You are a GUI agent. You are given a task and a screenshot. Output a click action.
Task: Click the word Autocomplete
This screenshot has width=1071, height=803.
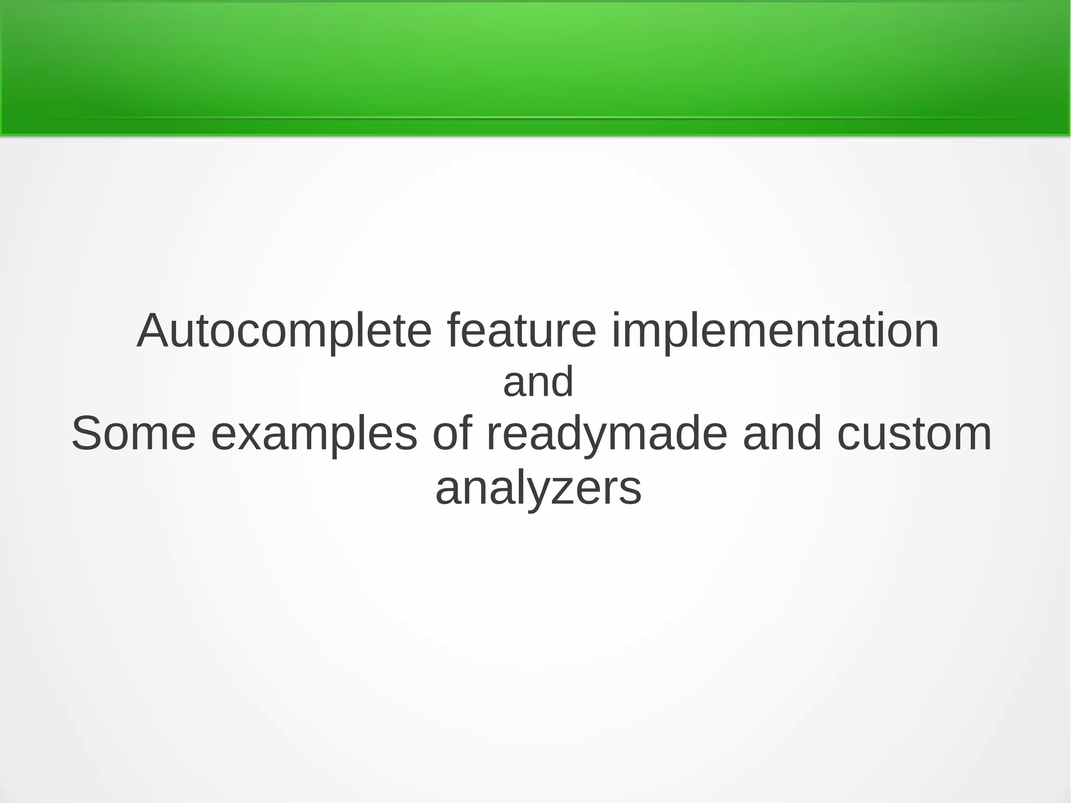(284, 332)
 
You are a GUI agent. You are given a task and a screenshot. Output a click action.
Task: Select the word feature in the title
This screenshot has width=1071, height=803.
(521, 331)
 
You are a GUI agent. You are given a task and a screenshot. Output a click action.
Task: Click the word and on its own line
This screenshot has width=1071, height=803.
(538, 382)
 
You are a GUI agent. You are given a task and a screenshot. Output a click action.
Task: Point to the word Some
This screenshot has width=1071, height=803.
(133, 434)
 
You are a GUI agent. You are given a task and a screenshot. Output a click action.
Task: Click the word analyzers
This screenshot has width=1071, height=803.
(538, 489)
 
